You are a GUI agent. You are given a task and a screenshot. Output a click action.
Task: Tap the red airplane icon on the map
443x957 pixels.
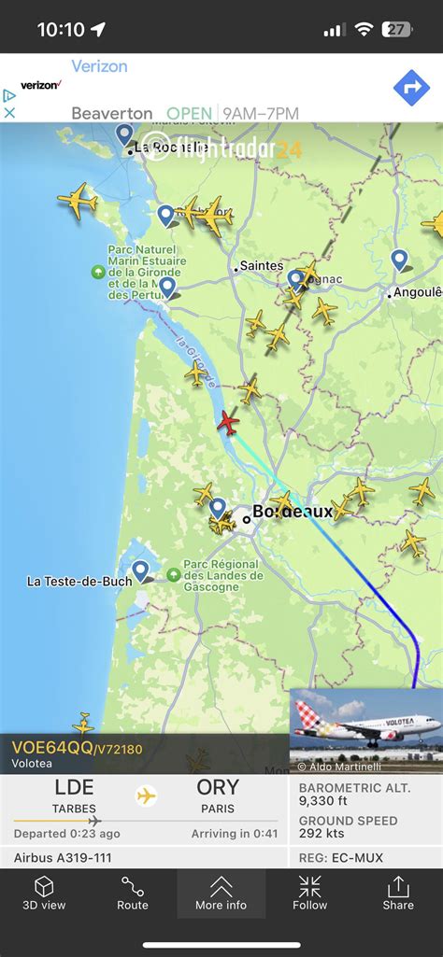(228, 423)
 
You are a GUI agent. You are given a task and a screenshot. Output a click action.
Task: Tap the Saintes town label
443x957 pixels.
(261, 266)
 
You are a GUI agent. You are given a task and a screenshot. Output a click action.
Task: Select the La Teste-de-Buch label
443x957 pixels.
(79, 581)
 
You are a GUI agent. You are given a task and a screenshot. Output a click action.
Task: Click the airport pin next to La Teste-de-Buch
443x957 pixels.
(140, 570)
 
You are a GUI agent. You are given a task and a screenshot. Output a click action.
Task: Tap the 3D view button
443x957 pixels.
(44, 893)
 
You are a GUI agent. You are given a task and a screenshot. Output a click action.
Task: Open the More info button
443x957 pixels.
(221, 893)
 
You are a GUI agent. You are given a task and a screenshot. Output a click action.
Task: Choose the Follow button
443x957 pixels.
(309, 893)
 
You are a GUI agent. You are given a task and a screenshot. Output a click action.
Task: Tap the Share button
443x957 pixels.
(398, 893)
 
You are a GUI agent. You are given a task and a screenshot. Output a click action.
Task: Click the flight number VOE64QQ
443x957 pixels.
(52, 747)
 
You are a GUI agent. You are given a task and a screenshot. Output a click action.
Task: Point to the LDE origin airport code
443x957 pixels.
(74, 787)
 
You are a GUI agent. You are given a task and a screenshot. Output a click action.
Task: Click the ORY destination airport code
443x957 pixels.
(217, 787)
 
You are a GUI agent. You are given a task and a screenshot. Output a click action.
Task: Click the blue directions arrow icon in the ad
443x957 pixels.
(411, 88)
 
